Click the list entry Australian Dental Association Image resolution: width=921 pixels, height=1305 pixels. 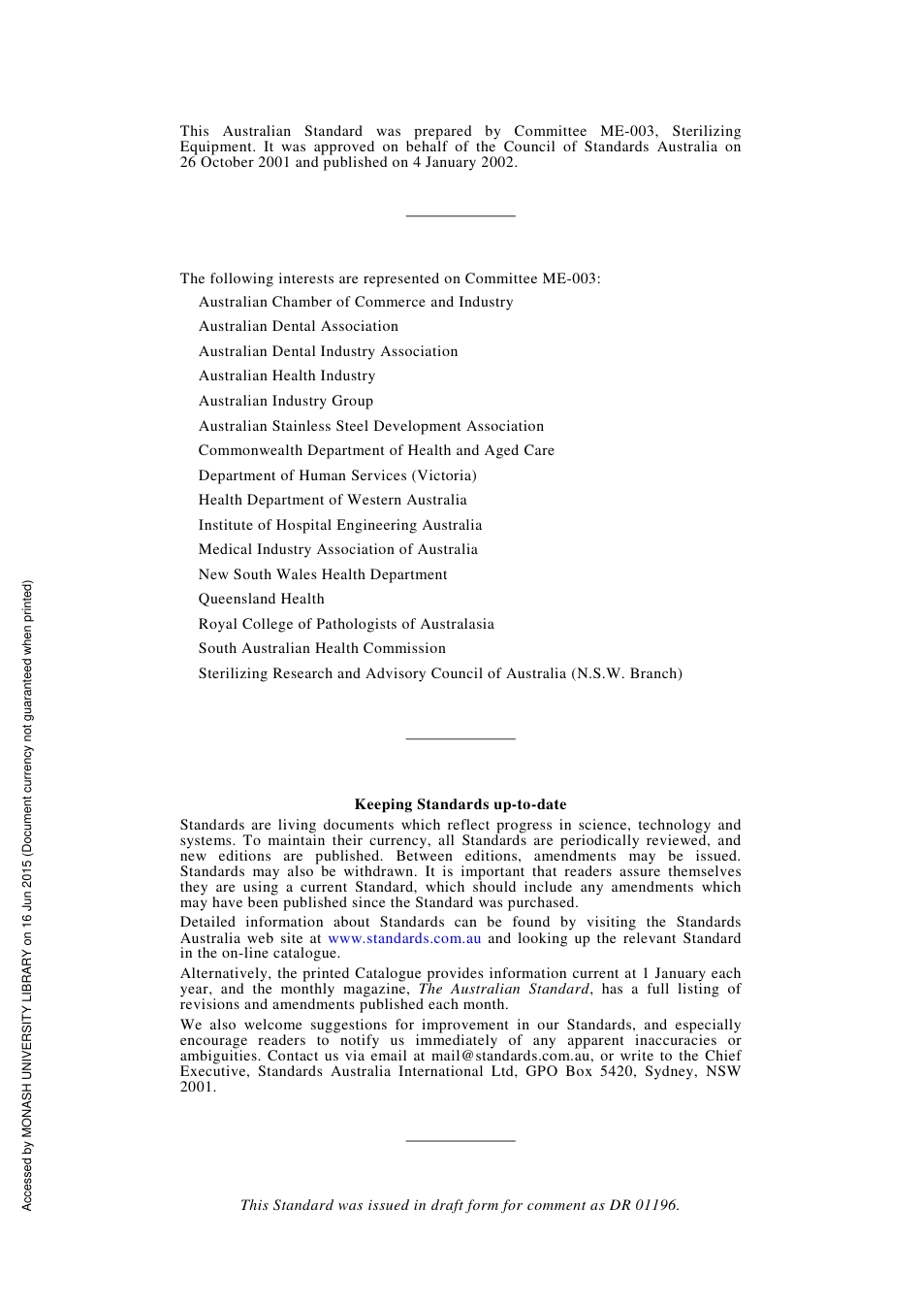point(299,326)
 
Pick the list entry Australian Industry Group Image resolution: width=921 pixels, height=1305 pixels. point(286,401)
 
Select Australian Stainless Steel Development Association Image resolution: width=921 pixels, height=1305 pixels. point(371,426)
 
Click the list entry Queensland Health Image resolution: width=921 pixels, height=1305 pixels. point(262,599)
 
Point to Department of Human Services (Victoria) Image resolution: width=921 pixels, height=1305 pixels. point(337,475)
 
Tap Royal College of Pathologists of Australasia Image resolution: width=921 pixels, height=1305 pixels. point(346,624)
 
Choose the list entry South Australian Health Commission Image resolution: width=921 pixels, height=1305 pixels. point(322,648)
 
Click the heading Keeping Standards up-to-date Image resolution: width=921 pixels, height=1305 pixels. point(460,803)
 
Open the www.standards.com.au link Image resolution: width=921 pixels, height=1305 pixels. point(404,938)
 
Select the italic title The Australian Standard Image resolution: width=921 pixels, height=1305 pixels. point(503,989)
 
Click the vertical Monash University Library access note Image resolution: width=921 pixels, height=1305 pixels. point(27,895)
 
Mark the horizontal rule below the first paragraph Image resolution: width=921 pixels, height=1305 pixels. point(460,215)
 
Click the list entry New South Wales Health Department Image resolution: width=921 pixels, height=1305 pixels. point(323,574)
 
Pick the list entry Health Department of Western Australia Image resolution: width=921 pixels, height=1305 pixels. point(333,500)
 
